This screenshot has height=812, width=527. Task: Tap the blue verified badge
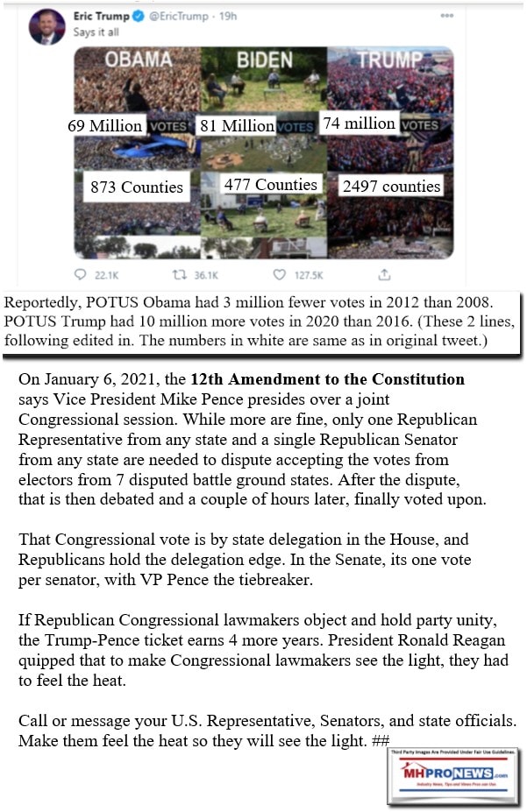137,16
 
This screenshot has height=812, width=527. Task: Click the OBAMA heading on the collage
139,60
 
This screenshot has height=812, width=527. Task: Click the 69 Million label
105,126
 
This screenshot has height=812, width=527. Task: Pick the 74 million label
359,124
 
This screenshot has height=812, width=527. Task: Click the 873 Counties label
137,187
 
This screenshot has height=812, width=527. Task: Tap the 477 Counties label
270,185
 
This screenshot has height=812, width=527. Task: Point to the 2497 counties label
391,187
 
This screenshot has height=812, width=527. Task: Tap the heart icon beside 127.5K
279,275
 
